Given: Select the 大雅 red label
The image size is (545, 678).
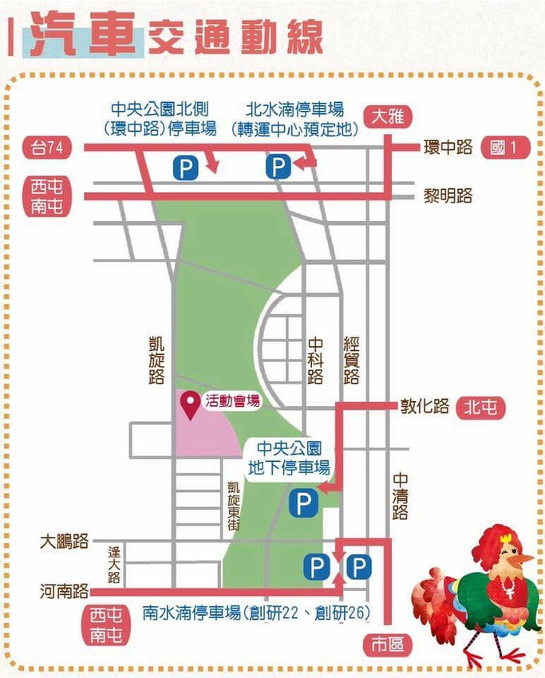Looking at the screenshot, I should [x=388, y=116].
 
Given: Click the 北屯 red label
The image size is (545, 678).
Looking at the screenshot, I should [x=481, y=408].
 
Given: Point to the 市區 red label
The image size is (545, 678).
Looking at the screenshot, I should [x=388, y=643].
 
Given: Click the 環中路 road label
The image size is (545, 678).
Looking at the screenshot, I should [x=448, y=148].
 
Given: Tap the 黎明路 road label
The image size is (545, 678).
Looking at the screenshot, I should [x=448, y=195].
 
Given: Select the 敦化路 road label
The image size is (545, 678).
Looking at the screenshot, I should [x=425, y=407].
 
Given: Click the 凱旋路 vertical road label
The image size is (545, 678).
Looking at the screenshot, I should [x=156, y=359].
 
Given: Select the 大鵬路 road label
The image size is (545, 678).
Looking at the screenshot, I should [x=65, y=542].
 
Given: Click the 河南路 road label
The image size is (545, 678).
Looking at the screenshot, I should [x=65, y=591].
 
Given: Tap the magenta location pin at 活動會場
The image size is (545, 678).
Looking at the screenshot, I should [x=191, y=404].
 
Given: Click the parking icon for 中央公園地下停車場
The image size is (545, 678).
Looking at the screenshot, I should [x=301, y=503].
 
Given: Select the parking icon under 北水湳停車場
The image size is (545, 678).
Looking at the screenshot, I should [x=278, y=168].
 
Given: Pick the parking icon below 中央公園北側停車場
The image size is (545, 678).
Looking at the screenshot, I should [x=185, y=168].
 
